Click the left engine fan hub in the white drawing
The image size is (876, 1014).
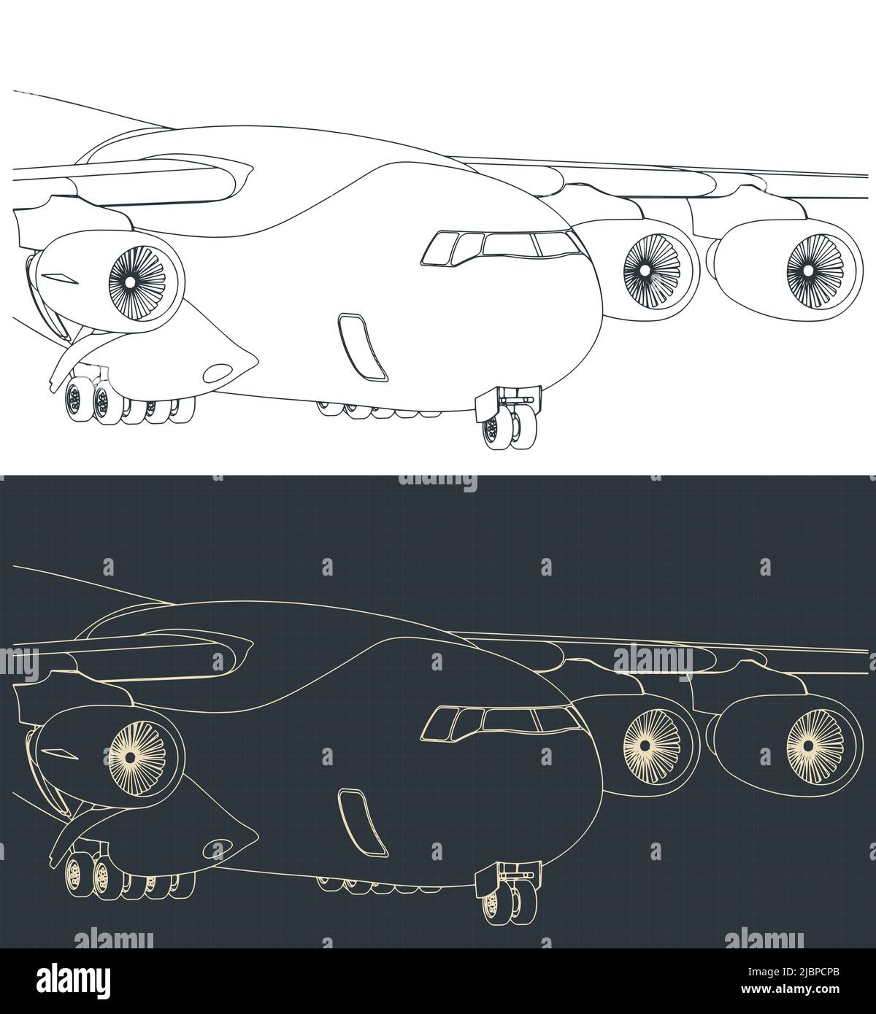point(128,281)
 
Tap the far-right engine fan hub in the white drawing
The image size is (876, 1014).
point(808,270)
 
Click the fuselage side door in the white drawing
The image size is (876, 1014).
point(362,347)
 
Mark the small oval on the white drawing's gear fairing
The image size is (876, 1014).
point(216,374)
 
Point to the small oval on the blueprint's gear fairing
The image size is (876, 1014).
point(216,848)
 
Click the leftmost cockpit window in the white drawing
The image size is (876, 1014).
point(438,248)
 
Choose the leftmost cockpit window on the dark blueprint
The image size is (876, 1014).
point(438,723)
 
